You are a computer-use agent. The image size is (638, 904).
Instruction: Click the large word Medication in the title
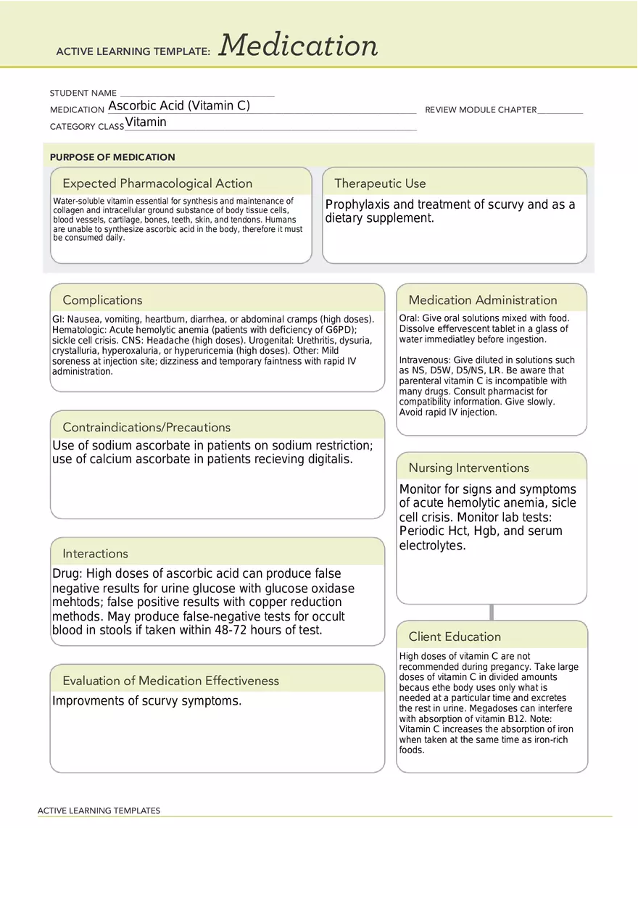coord(298,46)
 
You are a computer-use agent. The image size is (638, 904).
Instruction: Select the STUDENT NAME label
coord(83,94)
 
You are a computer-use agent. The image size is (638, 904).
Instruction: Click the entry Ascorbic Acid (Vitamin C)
coord(179,106)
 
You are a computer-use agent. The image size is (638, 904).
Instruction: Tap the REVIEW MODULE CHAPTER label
coord(481,110)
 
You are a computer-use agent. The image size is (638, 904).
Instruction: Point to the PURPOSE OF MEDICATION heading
coord(112,157)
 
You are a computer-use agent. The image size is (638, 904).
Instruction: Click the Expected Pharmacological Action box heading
coord(157,183)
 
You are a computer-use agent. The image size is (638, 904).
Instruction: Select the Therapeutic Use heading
coord(380,183)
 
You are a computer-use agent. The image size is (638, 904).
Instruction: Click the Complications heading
coord(102,300)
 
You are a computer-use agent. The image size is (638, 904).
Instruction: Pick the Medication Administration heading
coord(483,300)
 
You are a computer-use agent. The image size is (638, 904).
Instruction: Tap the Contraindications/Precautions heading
coord(146,428)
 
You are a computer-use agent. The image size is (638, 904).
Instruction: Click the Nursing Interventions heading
coord(468,468)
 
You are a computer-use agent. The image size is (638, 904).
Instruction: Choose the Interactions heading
coord(95,554)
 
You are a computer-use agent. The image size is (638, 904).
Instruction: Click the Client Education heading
coord(455,637)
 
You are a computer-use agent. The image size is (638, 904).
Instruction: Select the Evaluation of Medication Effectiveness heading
coord(170,681)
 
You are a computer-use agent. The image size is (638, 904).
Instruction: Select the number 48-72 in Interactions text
coord(233,631)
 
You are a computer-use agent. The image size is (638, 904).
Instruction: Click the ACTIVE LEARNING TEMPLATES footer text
coord(99,810)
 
